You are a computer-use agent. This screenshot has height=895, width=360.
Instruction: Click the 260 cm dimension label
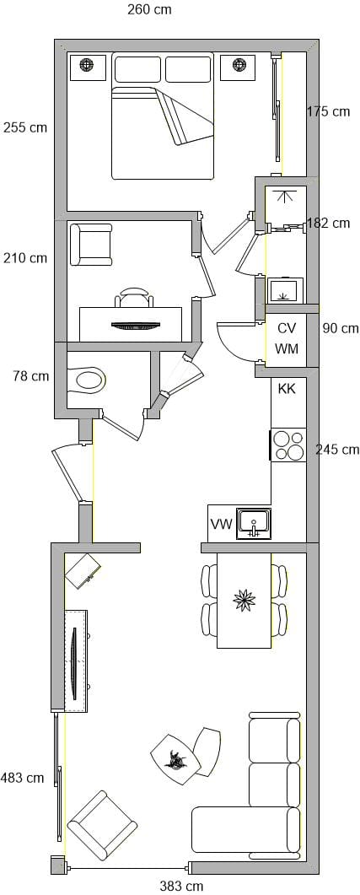coord(149,10)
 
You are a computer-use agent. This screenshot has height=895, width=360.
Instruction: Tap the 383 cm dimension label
coord(181,886)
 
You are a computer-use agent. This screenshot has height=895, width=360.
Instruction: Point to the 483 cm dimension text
coord(22,778)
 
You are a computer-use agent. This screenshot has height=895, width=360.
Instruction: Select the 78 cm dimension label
coord(31,376)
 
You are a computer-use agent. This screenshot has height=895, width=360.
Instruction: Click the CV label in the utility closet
coord(287,329)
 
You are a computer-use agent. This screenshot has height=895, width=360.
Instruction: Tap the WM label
coord(287,348)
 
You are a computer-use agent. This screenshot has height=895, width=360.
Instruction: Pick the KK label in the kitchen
coord(287,389)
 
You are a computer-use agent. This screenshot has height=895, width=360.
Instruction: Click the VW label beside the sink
coord(222,525)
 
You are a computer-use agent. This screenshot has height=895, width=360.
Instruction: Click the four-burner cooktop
coord(288,445)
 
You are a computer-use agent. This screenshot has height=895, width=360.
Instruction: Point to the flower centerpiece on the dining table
coord(244,599)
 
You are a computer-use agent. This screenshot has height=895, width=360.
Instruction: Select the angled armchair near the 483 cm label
coord(102,825)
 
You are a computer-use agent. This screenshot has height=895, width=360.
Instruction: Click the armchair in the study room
coord(91,245)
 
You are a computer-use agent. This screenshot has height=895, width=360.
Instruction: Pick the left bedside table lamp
coord(88,66)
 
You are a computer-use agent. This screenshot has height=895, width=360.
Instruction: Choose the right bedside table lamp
coord(239,66)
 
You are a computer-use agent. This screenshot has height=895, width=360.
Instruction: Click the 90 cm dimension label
coord(341,328)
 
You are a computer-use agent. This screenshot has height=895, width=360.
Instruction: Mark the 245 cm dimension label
coord(338,450)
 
